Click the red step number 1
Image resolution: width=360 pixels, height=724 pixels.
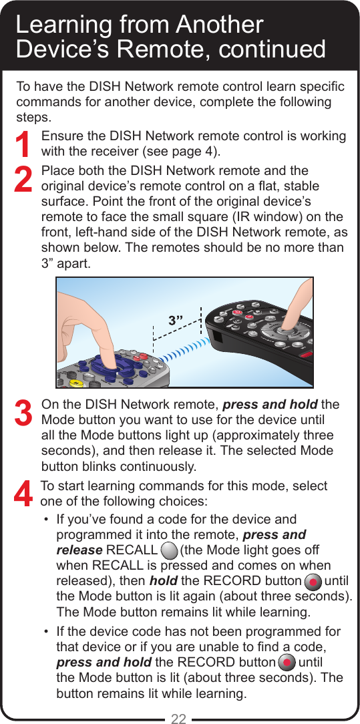tap(23, 146)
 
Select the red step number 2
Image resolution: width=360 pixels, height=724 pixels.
tap(23, 180)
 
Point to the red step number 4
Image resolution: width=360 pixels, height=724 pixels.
tap(23, 494)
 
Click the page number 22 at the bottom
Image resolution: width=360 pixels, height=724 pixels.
tap(178, 719)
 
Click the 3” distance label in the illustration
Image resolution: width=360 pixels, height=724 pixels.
tap(176, 321)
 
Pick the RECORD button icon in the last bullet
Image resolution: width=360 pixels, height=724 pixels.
tap(286, 663)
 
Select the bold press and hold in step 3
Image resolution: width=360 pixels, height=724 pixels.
tap(270, 405)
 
